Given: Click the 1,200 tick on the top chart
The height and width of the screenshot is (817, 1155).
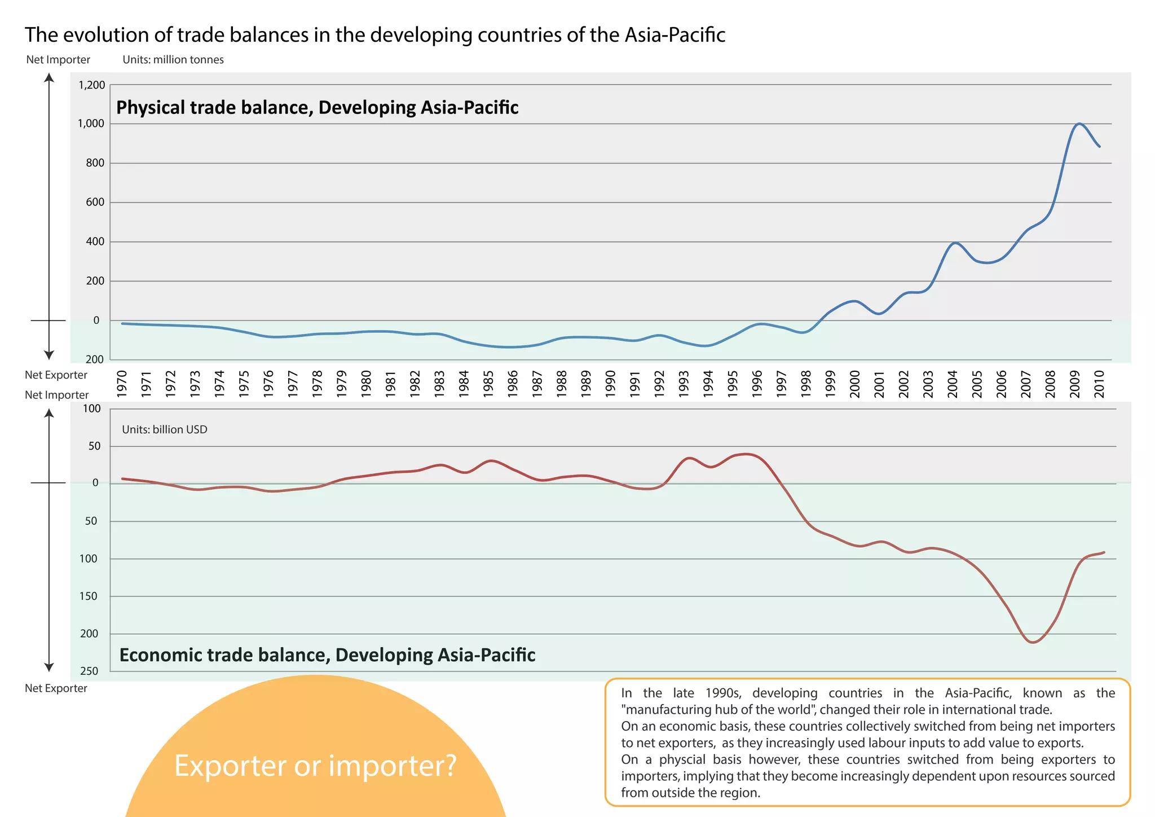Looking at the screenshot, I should pyautogui.click(x=91, y=85).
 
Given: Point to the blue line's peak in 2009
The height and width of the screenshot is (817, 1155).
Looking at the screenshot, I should pyautogui.click(x=1078, y=124).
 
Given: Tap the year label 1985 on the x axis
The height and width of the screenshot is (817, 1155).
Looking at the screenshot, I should pyautogui.click(x=488, y=384).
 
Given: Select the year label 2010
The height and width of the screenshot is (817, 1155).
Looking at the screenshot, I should pyautogui.click(x=1099, y=384).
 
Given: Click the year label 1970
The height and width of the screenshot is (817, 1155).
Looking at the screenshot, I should pyautogui.click(x=122, y=384).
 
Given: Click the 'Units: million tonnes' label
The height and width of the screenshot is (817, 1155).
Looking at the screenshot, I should pyautogui.click(x=173, y=60).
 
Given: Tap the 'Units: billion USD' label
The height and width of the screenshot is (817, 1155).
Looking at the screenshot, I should pyautogui.click(x=165, y=429).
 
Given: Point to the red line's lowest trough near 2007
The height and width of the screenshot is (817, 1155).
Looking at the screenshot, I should pyautogui.click(x=1032, y=642).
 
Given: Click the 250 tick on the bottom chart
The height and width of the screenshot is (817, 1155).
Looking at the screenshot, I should pyautogui.click(x=89, y=671).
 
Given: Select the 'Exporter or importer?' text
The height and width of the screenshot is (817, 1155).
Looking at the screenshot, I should pyautogui.click(x=315, y=766).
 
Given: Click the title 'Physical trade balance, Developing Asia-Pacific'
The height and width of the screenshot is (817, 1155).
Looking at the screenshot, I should pyautogui.click(x=317, y=107).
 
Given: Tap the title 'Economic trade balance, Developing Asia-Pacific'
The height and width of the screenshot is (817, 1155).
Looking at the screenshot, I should pyautogui.click(x=327, y=655).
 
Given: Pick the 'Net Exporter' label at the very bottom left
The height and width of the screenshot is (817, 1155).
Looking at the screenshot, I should pyautogui.click(x=56, y=688).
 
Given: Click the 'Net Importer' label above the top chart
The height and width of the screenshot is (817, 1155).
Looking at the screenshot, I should pyautogui.click(x=58, y=60).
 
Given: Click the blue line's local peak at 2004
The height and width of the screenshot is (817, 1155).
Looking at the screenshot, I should pyautogui.click(x=954, y=243).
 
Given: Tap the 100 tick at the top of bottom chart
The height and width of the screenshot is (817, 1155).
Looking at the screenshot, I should pyautogui.click(x=92, y=409).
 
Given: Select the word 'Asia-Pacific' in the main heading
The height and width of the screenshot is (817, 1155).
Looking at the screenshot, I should pyautogui.click(x=675, y=35).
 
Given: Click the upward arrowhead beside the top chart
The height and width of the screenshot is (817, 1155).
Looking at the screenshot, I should pyautogui.click(x=49, y=78).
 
